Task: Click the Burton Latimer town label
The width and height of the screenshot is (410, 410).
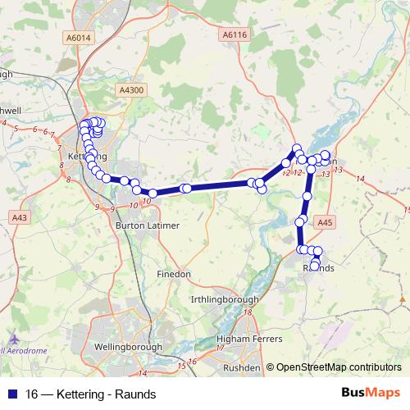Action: click(148, 224)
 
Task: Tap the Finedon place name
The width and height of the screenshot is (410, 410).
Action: click(175, 273)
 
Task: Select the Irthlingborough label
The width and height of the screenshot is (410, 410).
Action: click(224, 300)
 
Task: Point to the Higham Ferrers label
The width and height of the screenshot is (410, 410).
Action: click(248, 339)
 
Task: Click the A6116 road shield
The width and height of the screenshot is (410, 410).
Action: click(235, 34)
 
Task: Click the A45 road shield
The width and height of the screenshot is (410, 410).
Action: click(326, 221)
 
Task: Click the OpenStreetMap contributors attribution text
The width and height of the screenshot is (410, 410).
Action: click(338, 367)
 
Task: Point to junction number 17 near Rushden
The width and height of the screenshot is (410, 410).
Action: click(219, 348)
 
